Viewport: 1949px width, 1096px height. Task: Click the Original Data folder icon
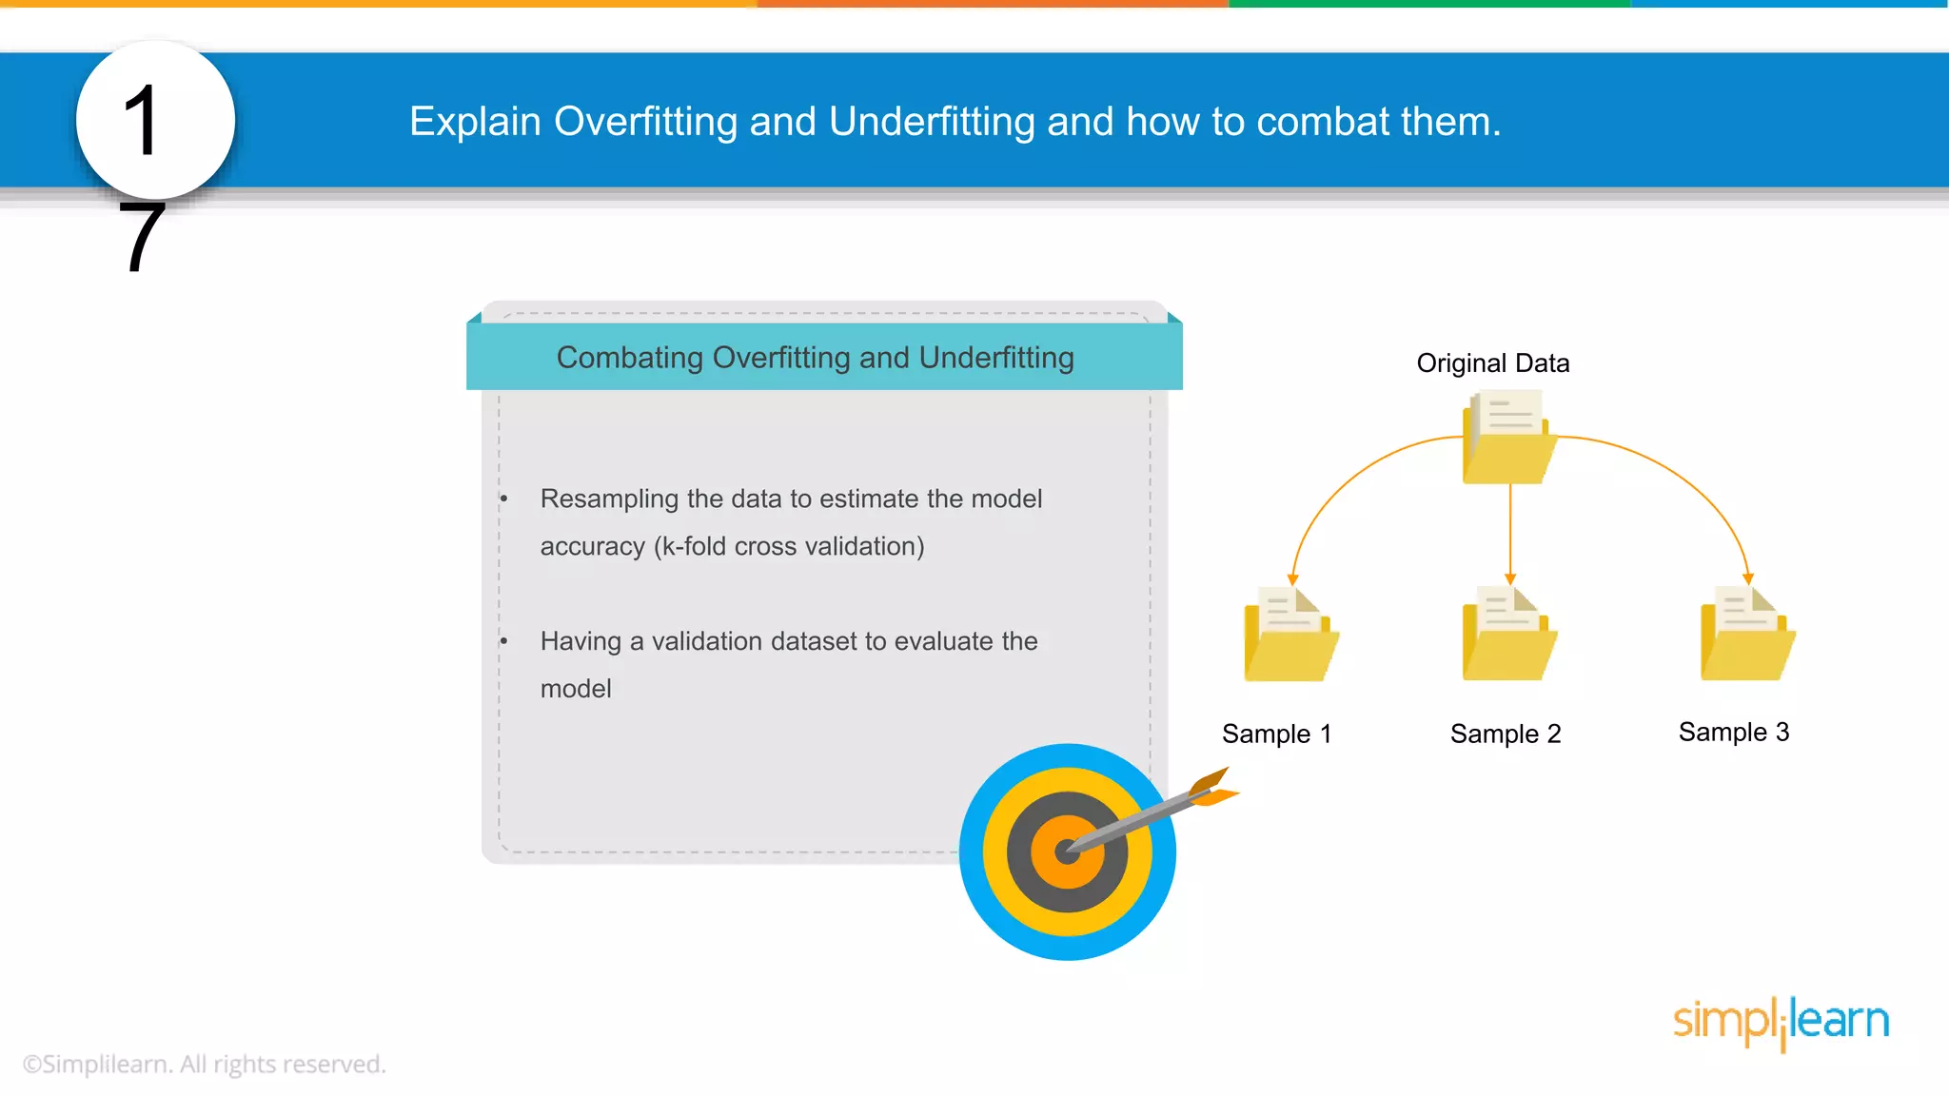1508,440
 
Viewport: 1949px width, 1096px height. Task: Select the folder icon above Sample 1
1290,636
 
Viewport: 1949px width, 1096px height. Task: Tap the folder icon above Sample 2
1508,636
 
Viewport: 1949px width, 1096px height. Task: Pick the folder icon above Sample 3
1747,636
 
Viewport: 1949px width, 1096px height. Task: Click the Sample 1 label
1276,734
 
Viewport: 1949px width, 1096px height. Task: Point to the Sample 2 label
1505,734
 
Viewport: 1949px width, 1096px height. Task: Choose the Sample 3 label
1733,732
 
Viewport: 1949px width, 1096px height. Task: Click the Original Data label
1492,362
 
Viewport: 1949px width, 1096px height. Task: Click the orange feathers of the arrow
1212,788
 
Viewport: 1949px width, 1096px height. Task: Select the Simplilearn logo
1781,1022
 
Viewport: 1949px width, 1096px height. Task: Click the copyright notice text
204,1064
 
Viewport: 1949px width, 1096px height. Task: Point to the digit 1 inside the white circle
141,121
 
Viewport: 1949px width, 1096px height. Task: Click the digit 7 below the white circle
142,237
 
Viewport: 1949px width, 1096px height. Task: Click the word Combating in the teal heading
629,358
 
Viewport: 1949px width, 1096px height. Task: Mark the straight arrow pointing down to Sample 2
1509,533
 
